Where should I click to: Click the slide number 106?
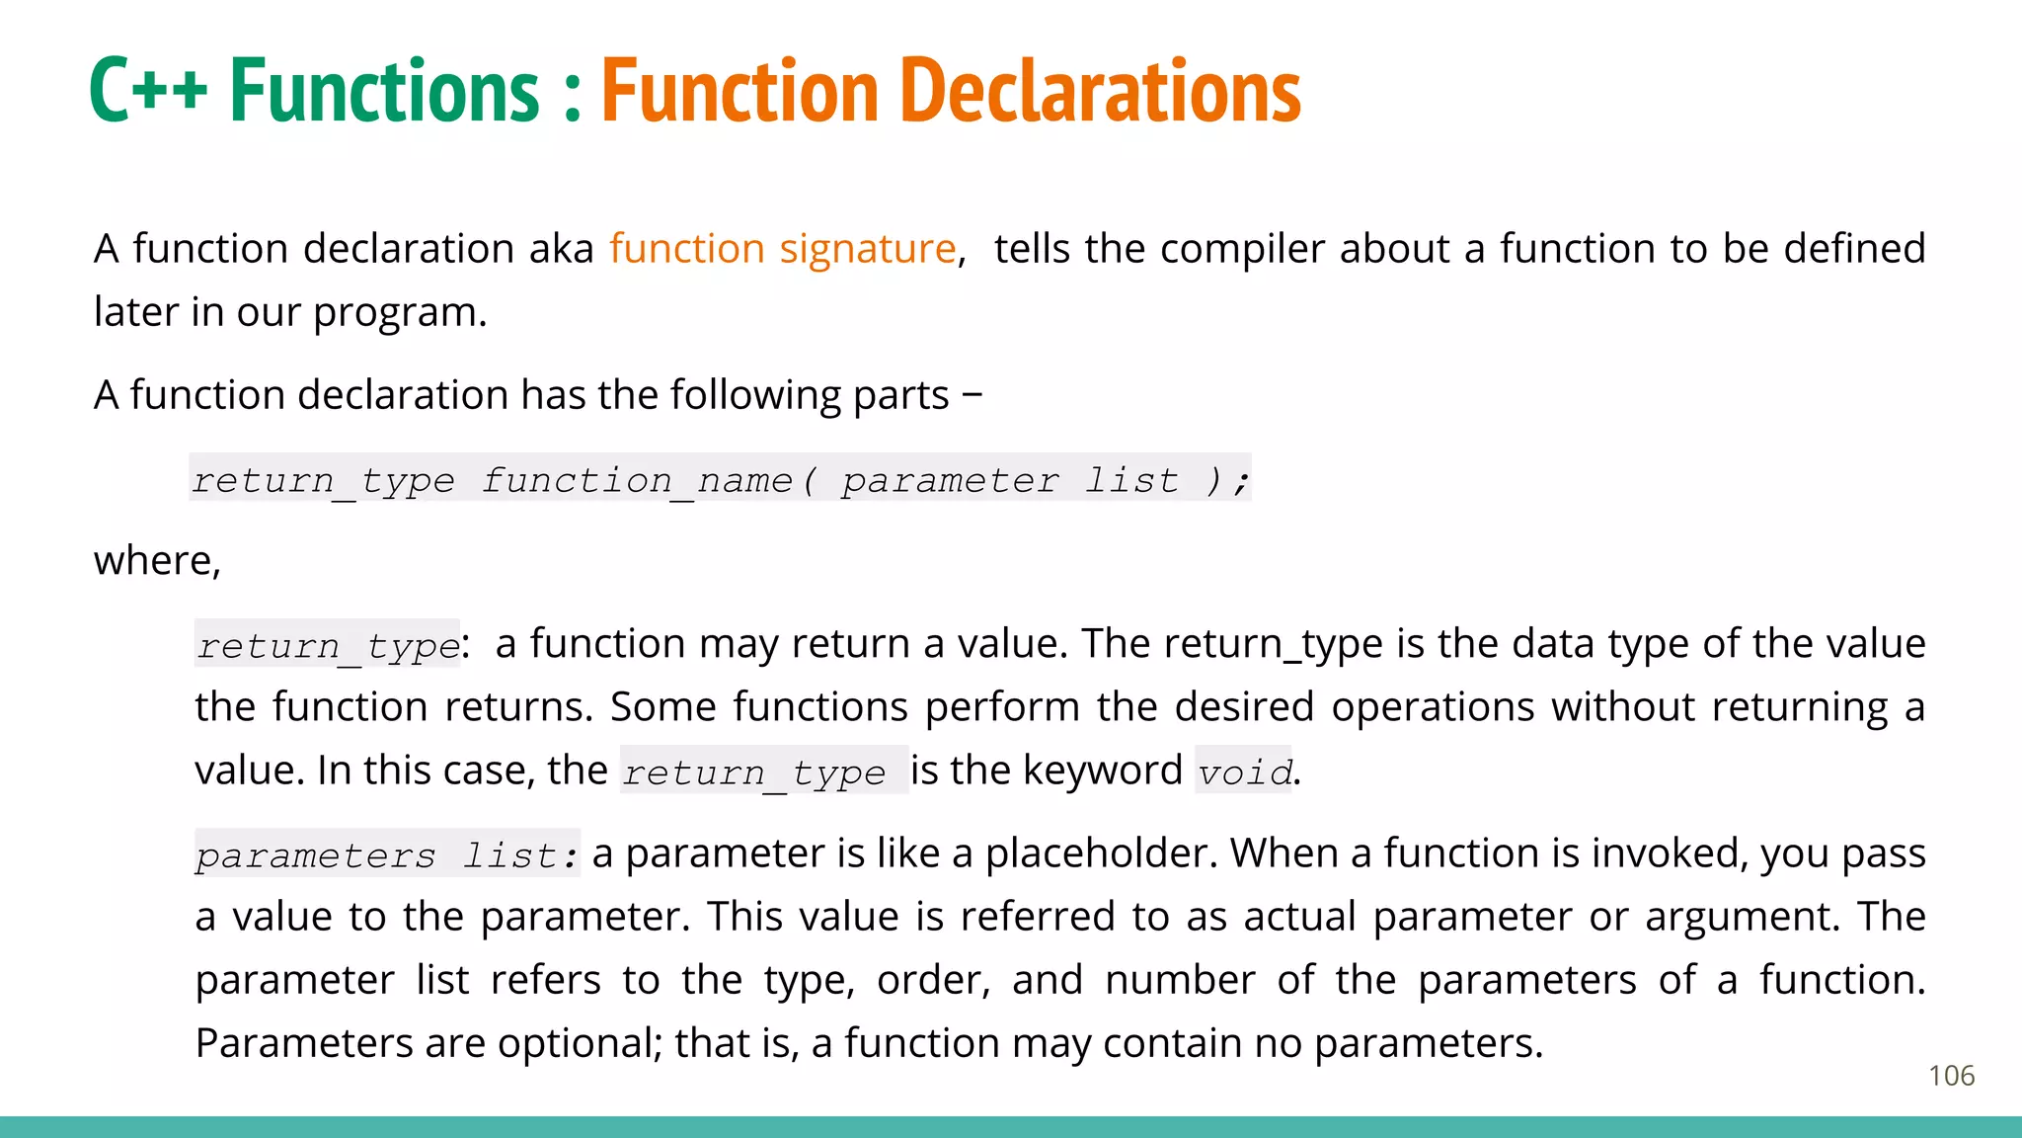pos(1951,1076)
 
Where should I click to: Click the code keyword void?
pos(1244,772)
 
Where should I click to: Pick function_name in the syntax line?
pos(637,480)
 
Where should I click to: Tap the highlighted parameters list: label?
pos(386,854)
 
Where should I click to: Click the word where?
pos(157,561)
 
